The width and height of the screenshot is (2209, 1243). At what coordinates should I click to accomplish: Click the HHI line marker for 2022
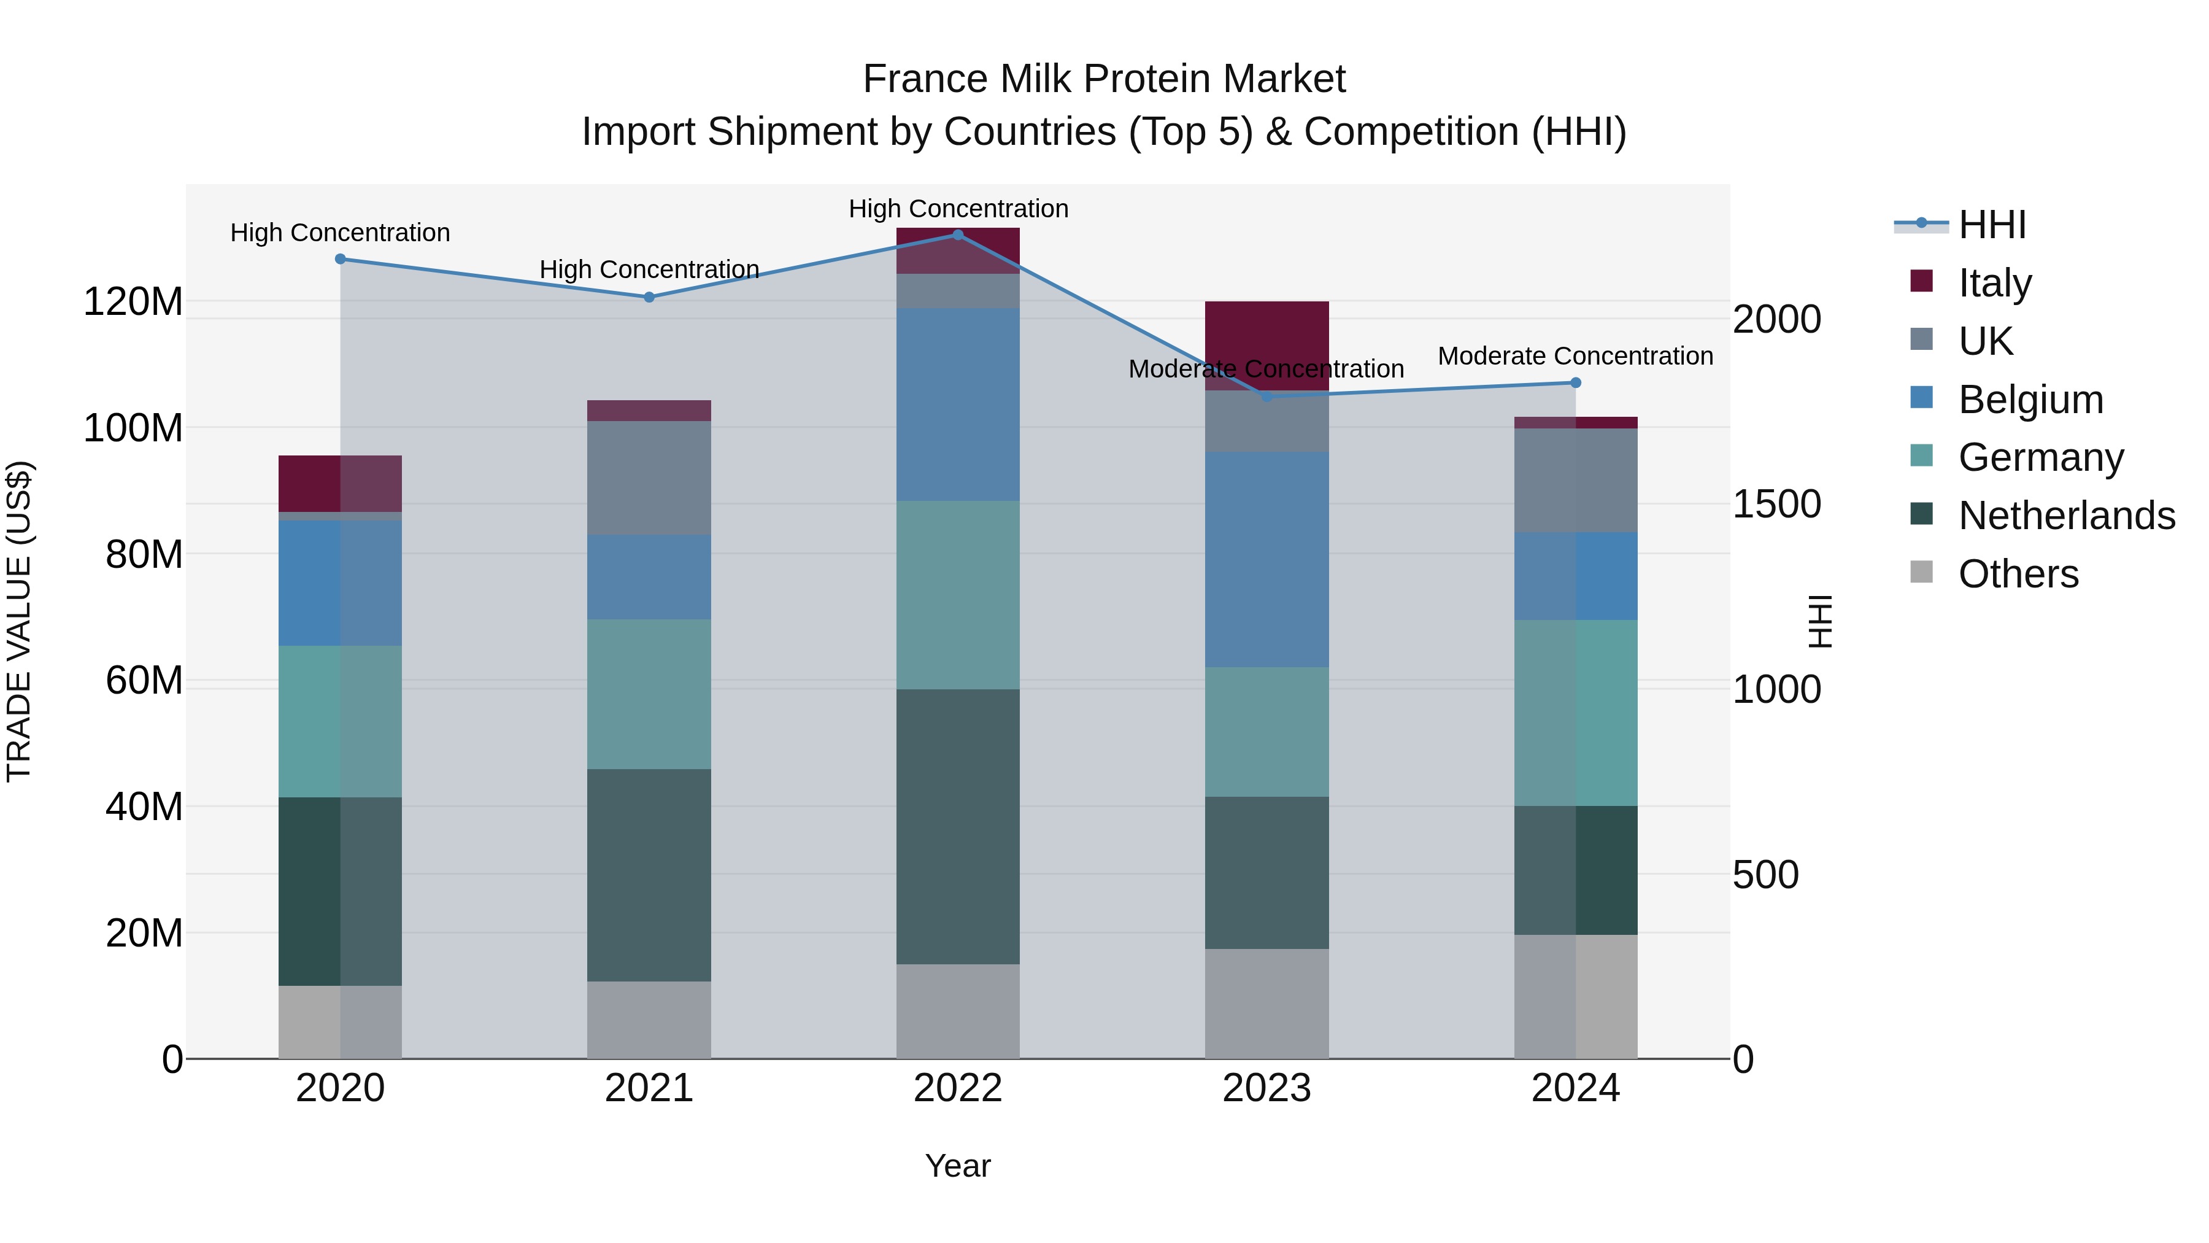(958, 235)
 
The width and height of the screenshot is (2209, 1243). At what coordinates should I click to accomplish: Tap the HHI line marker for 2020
(341, 259)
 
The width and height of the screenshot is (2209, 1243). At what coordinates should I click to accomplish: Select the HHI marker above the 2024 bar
(1575, 382)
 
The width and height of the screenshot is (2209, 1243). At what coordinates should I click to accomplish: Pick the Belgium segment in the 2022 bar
(958, 404)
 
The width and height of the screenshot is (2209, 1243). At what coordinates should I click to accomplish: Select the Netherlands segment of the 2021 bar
(649, 874)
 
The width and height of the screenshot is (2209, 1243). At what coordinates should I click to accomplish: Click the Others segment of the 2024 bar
(1575, 996)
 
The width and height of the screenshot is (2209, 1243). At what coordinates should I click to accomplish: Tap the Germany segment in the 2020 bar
(341, 721)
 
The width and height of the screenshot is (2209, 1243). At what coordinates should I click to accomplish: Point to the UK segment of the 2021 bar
(649, 478)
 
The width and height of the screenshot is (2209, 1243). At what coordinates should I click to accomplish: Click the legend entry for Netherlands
(2067, 516)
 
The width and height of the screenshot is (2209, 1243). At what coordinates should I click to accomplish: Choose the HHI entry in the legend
(1992, 225)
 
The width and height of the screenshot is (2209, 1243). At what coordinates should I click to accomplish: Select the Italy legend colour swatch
(1922, 281)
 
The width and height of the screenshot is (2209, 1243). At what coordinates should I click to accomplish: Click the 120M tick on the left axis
(133, 302)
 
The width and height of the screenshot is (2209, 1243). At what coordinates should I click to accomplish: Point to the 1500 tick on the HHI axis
(1776, 505)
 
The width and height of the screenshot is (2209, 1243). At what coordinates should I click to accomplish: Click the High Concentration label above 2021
(649, 269)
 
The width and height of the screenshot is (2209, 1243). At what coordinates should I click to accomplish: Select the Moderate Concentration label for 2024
(1575, 356)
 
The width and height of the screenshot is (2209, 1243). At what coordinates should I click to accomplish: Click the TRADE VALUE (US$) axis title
(19, 621)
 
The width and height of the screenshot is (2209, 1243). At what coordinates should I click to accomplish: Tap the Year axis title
(958, 1166)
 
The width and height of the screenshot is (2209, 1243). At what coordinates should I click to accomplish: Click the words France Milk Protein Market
(1104, 79)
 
